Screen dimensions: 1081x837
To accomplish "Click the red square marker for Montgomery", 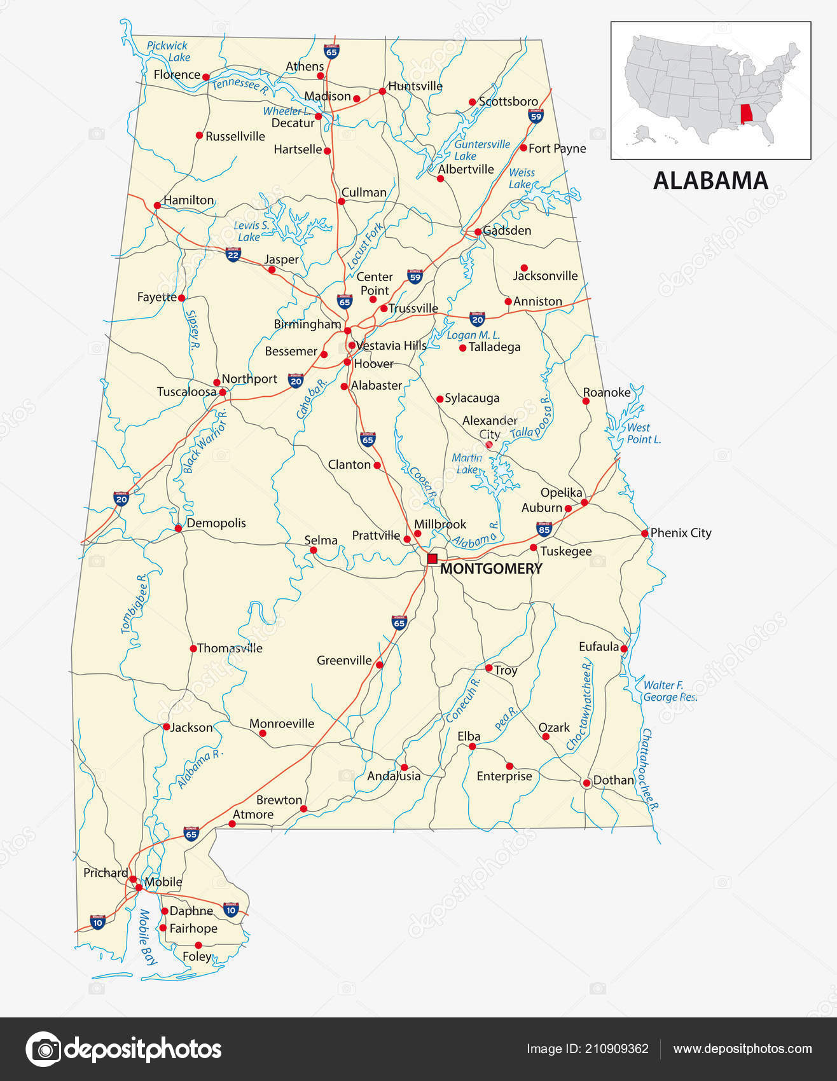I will (432, 558).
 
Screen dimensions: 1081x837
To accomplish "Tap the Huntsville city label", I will (415, 86).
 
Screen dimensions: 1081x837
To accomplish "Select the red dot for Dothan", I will (586, 783).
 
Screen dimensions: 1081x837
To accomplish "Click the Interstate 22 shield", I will (233, 255).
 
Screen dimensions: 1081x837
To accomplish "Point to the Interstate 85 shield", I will (543, 528).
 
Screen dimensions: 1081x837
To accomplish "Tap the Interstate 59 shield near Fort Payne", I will (536, 116).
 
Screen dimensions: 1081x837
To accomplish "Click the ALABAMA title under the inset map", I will (710, 181).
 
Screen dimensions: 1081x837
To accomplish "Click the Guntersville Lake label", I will (481, 150).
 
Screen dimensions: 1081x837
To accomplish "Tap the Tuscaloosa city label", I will (186, 392).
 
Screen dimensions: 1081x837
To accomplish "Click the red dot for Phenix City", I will (645, 533).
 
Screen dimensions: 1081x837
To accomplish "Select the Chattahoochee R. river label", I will (649, 769).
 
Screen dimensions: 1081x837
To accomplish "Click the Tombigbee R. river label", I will (134, 603).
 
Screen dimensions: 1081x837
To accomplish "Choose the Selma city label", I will (321, 540).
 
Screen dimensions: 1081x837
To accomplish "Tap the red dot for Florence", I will (205, 76).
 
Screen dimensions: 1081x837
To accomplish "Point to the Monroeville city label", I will (281, 723).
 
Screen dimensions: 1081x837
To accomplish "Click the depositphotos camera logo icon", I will (43, 1049).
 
